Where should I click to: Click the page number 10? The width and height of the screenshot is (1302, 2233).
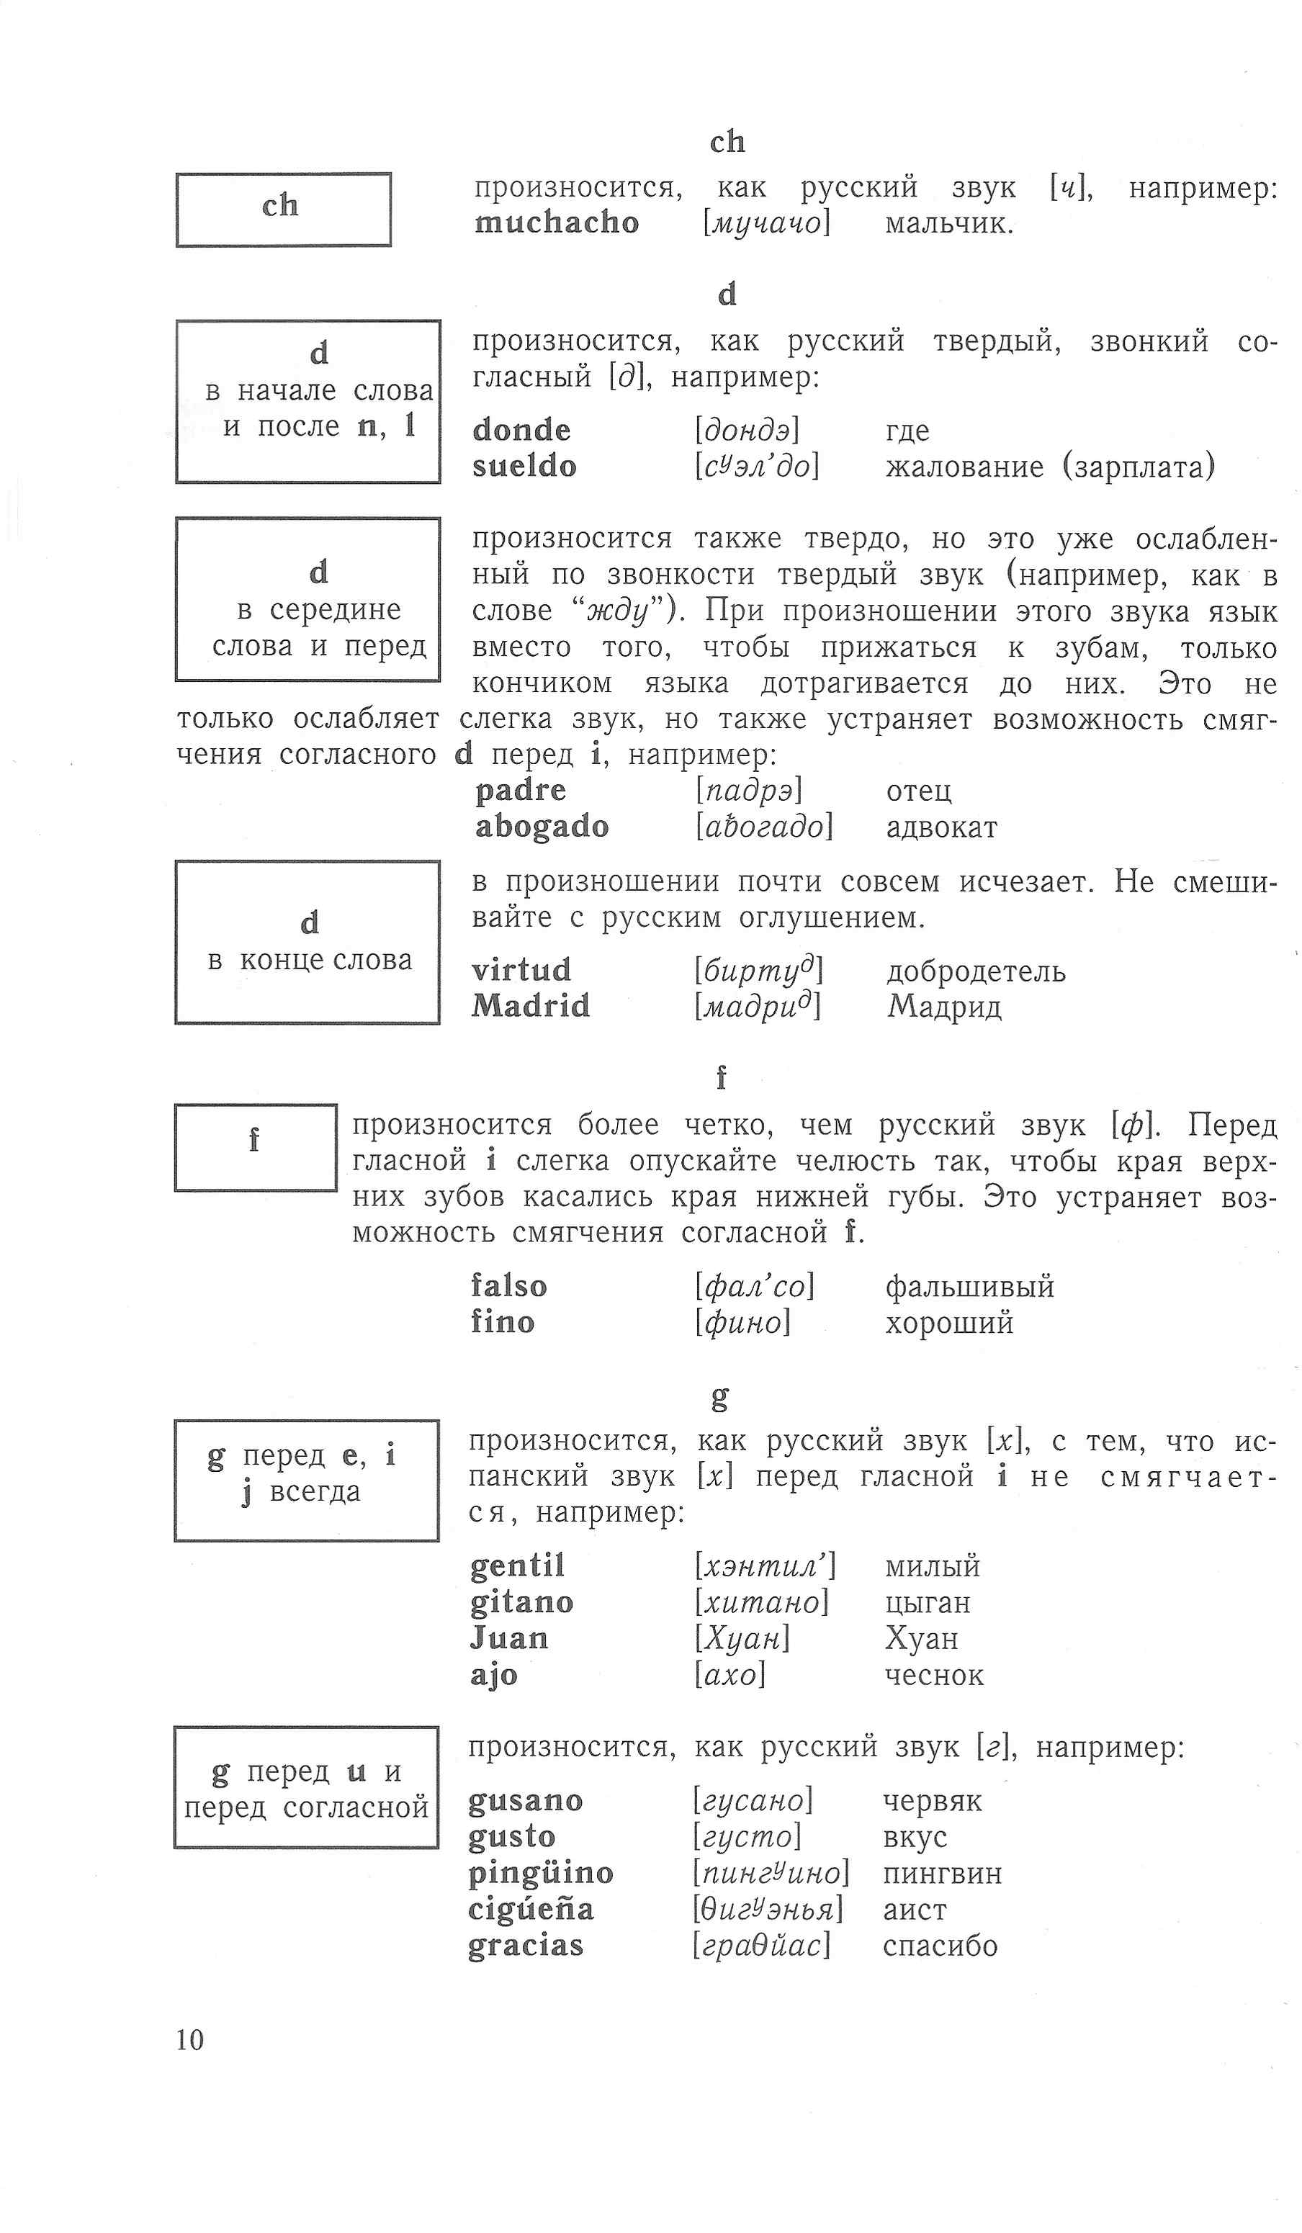tap(189, 2039)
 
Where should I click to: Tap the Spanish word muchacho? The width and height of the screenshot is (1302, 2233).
tap(557, 223)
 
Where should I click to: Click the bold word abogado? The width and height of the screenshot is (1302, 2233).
tap(542, 826)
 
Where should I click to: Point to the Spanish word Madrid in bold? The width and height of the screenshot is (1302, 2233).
tap(530, 1006)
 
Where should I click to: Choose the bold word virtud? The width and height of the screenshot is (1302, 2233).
tap(521, 969)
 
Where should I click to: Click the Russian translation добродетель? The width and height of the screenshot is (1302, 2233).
tap(976, 971)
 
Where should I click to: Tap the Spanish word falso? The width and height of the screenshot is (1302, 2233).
tap(508, 1286)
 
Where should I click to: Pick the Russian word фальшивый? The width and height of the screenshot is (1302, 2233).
tap(969, 1286)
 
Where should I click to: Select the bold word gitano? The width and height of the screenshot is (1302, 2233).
tap(521, 1602)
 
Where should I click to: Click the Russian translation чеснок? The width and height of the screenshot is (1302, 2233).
tap(934, 1675)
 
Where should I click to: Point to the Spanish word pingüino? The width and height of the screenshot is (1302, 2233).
tap(541, 1872)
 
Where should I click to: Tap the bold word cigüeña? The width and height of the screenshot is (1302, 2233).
tap(530, 1909)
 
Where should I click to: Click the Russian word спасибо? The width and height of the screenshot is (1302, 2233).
tap(940, 1945)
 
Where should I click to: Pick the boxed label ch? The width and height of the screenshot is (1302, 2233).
tap(282, 207)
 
